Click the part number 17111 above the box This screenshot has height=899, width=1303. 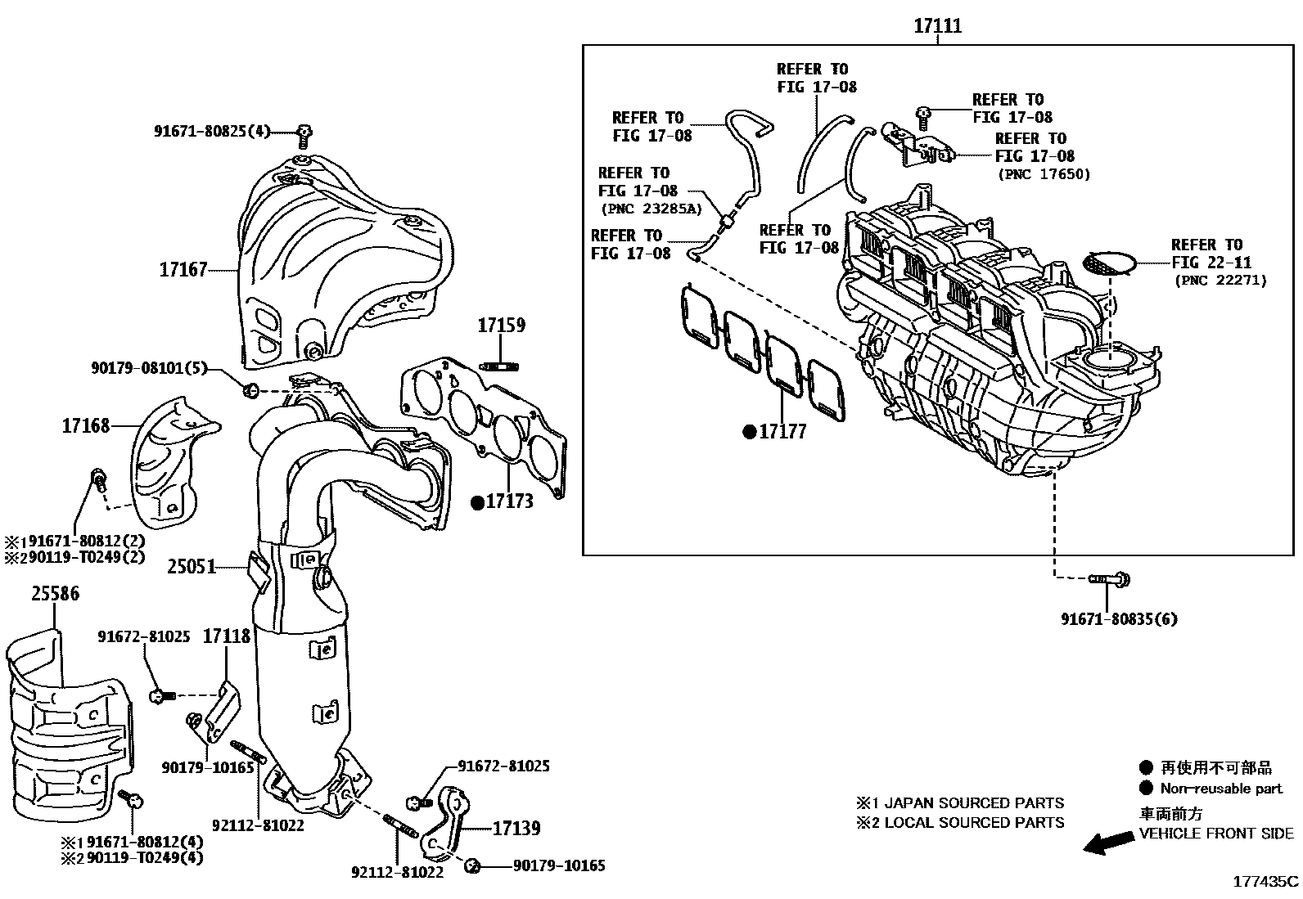tap(937, 26)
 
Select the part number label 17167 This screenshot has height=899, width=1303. tap(183, 269)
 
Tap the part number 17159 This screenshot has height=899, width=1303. tap(501, 325)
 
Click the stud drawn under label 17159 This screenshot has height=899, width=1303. tap(501, 365)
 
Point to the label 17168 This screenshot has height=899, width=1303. tap(86, 425)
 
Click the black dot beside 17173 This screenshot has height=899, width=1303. tap(477, 502)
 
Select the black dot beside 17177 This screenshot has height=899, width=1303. tap(749, 432)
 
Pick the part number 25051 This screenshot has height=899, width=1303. tap(192, 566)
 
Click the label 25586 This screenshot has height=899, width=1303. tap(56, 593)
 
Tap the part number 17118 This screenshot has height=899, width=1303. tap(227, 636)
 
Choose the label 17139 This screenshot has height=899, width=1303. tap(516, 829)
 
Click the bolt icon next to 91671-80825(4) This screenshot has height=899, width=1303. tap(304, 132)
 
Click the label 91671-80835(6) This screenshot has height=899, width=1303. tap(1119, 618)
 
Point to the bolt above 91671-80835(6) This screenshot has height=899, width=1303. tap(1109, 579)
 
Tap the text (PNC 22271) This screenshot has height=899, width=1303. tap(1220, 281)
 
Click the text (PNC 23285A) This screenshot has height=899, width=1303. tap(650, 209)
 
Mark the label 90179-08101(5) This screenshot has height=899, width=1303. tap(149, 369)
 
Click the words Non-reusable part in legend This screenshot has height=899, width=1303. tap(1221, 789)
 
